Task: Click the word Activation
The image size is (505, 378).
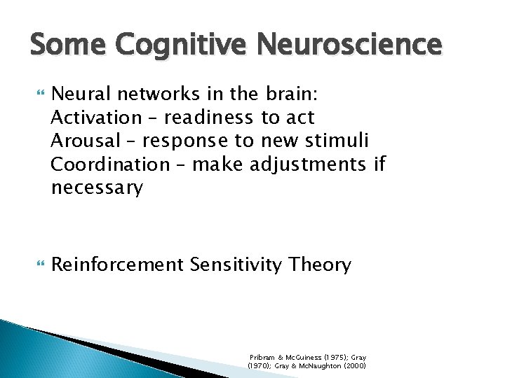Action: (96, 118)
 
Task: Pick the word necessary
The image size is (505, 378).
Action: (97, 188)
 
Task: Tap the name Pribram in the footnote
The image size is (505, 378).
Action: (262, 356)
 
